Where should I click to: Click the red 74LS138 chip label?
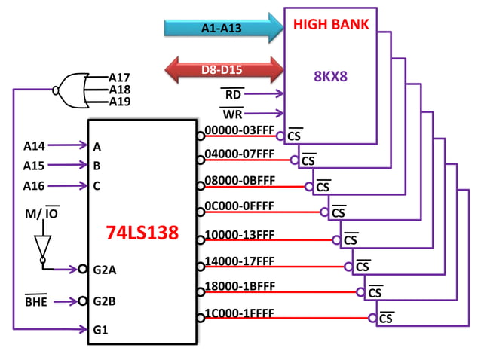point(142,233)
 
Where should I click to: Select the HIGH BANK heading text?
point(331,24)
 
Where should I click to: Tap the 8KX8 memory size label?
point(330,75)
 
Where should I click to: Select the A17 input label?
point(119,77)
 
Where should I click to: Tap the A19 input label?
point(119,102)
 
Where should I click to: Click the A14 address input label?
point(34,145)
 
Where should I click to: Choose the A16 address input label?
point(34,185)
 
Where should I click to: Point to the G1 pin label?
point(102,328)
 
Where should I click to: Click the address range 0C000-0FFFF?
point(239,206)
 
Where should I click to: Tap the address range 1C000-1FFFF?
point(239,313)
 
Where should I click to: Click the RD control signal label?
point(233,95)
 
